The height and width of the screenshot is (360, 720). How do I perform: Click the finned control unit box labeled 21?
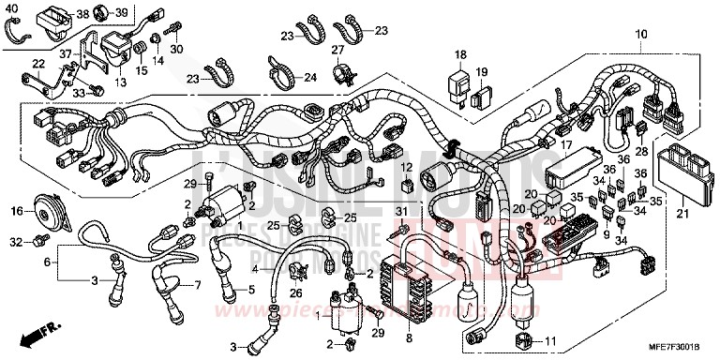pos(687,175)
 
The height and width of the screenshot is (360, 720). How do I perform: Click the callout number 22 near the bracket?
pos(37,63)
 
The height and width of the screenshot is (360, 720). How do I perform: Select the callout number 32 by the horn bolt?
pos(15,243)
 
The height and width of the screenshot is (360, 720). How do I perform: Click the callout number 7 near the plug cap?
pos(198,285)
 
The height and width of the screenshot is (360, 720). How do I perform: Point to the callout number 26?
pos(296,293)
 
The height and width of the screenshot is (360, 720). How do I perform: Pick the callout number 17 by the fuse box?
pos(565,145)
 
